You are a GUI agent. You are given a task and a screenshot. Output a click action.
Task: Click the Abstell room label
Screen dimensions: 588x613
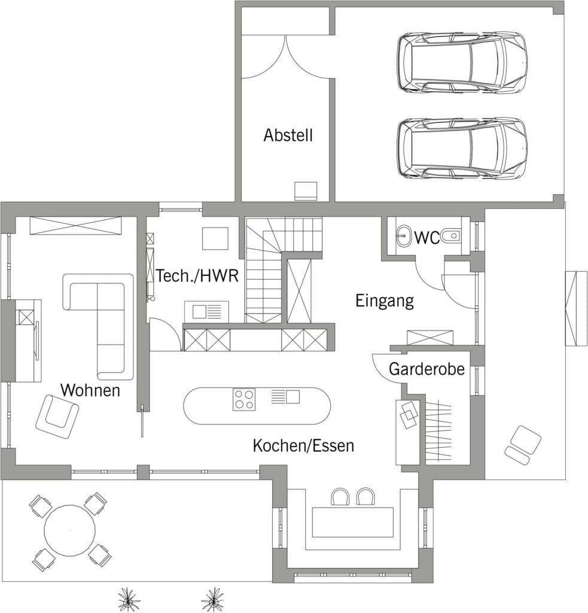coord(288,135)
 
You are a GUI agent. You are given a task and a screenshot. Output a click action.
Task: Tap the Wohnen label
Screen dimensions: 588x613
coord(90,390)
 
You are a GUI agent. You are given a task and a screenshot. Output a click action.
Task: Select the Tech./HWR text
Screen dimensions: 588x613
coord(197,276)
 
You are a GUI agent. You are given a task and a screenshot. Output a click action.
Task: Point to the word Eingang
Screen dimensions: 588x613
coord(385,302)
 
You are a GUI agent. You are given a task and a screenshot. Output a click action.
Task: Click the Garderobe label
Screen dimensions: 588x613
coord(426,369)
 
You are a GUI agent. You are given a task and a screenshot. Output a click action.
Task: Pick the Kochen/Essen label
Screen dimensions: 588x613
coord(304,445)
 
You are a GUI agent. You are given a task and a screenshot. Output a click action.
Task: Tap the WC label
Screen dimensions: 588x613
coord(426,238)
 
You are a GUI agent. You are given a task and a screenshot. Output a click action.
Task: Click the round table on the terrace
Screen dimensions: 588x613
coord(70,530)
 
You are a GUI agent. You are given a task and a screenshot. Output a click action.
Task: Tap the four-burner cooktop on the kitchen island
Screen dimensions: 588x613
coord(244,399)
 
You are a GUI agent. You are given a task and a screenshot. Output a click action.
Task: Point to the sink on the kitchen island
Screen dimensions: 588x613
coord(285,396)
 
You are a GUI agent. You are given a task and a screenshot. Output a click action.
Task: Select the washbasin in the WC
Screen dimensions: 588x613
coord(403,236)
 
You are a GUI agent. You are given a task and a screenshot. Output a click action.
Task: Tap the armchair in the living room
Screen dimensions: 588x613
coord(57,417)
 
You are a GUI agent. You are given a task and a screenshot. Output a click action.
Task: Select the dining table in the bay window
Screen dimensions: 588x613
coord(352,522)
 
